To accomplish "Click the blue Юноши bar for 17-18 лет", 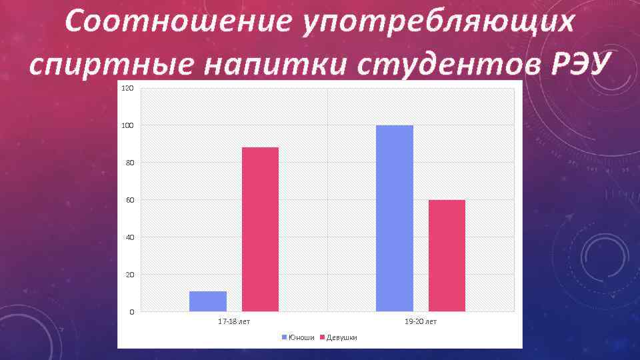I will tap(208, 301).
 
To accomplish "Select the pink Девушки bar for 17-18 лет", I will tap(260, 229).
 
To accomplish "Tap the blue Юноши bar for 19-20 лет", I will tap(395, 218).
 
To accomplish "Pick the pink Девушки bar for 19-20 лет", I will tap(447, 255).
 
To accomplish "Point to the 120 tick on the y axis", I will tap(128, 89).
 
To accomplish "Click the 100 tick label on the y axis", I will tap(128, 126).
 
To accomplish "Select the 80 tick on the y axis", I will tap(129, 163).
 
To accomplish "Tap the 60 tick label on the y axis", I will tap(129, 201).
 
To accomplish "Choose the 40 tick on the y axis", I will tap(129, 238).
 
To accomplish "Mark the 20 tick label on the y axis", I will tap(129, 275).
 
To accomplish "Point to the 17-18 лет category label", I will tap(234, 322).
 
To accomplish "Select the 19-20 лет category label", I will tap(421, 322).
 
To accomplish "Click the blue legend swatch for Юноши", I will tap(285, 337).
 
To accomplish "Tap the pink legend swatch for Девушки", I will tap(322, 337).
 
